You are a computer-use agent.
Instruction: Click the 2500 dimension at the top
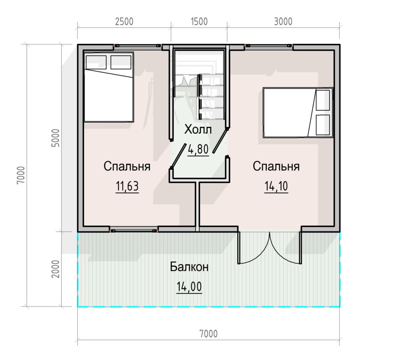124,21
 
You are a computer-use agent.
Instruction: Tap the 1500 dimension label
199,21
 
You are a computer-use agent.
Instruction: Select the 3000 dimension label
283,21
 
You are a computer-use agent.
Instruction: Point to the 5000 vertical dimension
56,138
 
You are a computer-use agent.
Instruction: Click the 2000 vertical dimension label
56,269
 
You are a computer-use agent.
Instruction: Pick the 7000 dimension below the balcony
208,334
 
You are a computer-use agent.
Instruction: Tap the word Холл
198,129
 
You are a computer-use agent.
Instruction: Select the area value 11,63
127,186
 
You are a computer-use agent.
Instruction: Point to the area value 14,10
276,186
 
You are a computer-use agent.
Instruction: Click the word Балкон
189,267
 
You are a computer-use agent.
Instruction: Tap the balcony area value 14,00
189,287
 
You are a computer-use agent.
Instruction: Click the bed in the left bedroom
109,87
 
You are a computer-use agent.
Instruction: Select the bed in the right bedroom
298,112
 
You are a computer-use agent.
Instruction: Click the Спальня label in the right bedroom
276,166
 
